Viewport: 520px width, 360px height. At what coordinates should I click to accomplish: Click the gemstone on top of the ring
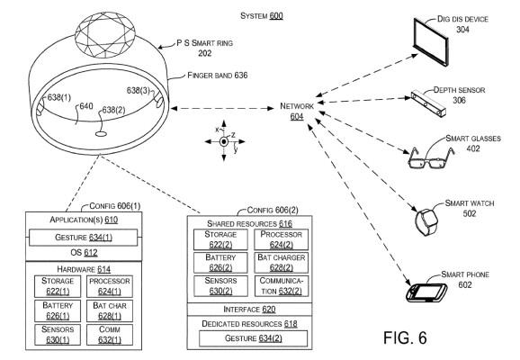point(105,35)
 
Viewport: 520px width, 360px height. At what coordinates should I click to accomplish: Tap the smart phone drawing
point(426,292)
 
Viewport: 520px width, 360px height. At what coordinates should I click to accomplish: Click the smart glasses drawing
point(430,158)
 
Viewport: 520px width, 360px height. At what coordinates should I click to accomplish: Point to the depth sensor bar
point(428,104)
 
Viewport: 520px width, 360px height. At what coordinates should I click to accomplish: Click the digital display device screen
point(431,41)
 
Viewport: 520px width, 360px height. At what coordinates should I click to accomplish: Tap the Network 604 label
point(297,112)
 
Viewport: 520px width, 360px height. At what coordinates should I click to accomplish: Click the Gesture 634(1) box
point(84,238)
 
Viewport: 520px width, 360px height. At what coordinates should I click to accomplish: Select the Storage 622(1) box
point(58,286)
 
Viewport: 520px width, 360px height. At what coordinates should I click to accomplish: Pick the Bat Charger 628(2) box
point(282,263)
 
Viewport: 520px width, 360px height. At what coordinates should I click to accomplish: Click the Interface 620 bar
point(249,310)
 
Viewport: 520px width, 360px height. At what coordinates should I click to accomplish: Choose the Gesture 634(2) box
point(253,338)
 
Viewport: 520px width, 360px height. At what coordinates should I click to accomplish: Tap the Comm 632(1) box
point(110,335)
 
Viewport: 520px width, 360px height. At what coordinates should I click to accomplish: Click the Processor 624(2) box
point(282,239)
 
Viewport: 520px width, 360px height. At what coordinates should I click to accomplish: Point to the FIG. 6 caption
point(405,337)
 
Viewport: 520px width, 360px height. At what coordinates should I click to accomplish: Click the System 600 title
point(262,15)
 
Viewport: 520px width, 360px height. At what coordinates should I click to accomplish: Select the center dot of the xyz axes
point(224,141)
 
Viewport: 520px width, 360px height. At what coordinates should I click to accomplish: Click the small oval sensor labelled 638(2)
point(101,134)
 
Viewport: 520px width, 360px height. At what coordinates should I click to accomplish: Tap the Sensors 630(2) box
point(220,285)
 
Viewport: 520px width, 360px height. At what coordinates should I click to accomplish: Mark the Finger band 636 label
point(218,76)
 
